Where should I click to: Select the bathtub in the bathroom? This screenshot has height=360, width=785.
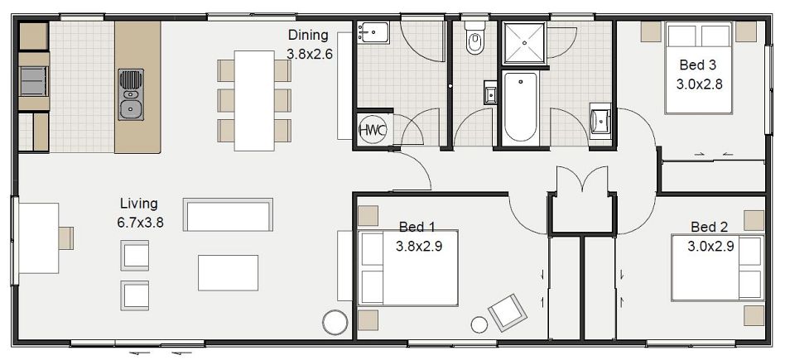[521, 107]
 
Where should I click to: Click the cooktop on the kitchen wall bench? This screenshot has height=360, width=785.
[33, 81]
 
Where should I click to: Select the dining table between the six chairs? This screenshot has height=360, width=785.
[254, 100]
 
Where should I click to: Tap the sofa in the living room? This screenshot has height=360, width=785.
[228, 215]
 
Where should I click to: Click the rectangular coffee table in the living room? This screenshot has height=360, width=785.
[228, 272]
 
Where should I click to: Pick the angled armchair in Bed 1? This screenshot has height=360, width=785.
[507, 311]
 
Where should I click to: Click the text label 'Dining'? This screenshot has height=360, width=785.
[308, 36]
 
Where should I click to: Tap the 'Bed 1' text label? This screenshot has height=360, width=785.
[417, 227]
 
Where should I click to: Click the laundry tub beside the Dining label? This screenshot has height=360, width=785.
[373, 33]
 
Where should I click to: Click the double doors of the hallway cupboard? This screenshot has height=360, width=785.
[582, 181]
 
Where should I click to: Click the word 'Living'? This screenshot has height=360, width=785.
[138, 203]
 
